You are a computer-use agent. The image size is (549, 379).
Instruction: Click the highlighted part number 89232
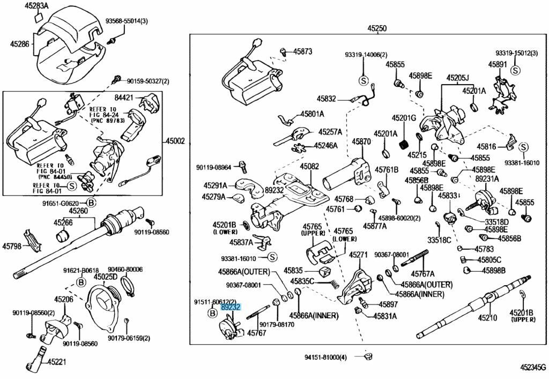tap(231, 307)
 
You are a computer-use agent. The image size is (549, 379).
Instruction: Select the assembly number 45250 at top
tap(376, 28)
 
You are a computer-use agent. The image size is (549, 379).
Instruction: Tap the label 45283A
tap(36, 6)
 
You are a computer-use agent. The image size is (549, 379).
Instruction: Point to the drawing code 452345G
tap(532, 368)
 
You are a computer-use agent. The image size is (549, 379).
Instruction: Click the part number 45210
tap(488, 318)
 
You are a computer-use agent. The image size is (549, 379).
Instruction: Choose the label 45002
tap(175, 142)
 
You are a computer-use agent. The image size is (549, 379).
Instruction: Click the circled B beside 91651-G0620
tap(91, 203)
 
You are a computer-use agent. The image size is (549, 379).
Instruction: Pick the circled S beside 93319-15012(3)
tap(515, 70)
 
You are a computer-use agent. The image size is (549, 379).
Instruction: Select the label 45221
tap(56, 362)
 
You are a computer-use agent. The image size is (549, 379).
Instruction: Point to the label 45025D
tap(106, 277)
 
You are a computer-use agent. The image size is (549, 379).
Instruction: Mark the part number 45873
tap(302, 51)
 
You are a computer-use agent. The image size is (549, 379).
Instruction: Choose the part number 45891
tap(498, 64)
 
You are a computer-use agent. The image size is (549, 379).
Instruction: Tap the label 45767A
tap(422, 274)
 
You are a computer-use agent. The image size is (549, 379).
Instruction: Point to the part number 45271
tap(359, 255)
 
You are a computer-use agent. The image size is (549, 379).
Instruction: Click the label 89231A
tap(486, 179)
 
